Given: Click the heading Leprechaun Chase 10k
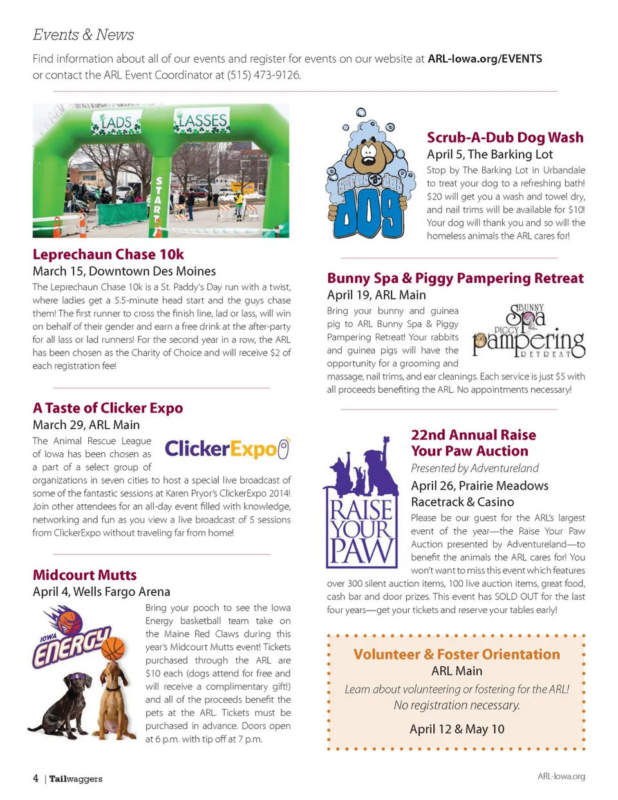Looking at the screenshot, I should click(108, 254).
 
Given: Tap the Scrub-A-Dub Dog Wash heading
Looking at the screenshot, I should click(505, 137).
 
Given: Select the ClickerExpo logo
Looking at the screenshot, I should click(227, 448).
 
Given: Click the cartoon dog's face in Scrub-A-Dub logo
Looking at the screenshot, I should click(369, 153).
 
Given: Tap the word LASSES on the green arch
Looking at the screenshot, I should click(201, 120).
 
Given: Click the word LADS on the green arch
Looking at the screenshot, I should click(116, 122).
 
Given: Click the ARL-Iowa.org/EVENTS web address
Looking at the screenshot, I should click(485, 59).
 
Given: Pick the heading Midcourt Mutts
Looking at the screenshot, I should click(84, 575).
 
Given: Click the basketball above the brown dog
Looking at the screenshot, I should click(113, 647).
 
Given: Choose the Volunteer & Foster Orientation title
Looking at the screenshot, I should click(456, 654).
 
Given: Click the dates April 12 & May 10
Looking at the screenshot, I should click(456, 729).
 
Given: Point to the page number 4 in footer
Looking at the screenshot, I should click(35, 778).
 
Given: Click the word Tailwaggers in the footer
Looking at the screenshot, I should click(76, 779).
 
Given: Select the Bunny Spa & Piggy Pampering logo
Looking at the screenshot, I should click(529, 332).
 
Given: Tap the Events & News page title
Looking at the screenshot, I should click(83, 35).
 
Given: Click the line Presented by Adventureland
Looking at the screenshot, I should click(474, 468).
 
